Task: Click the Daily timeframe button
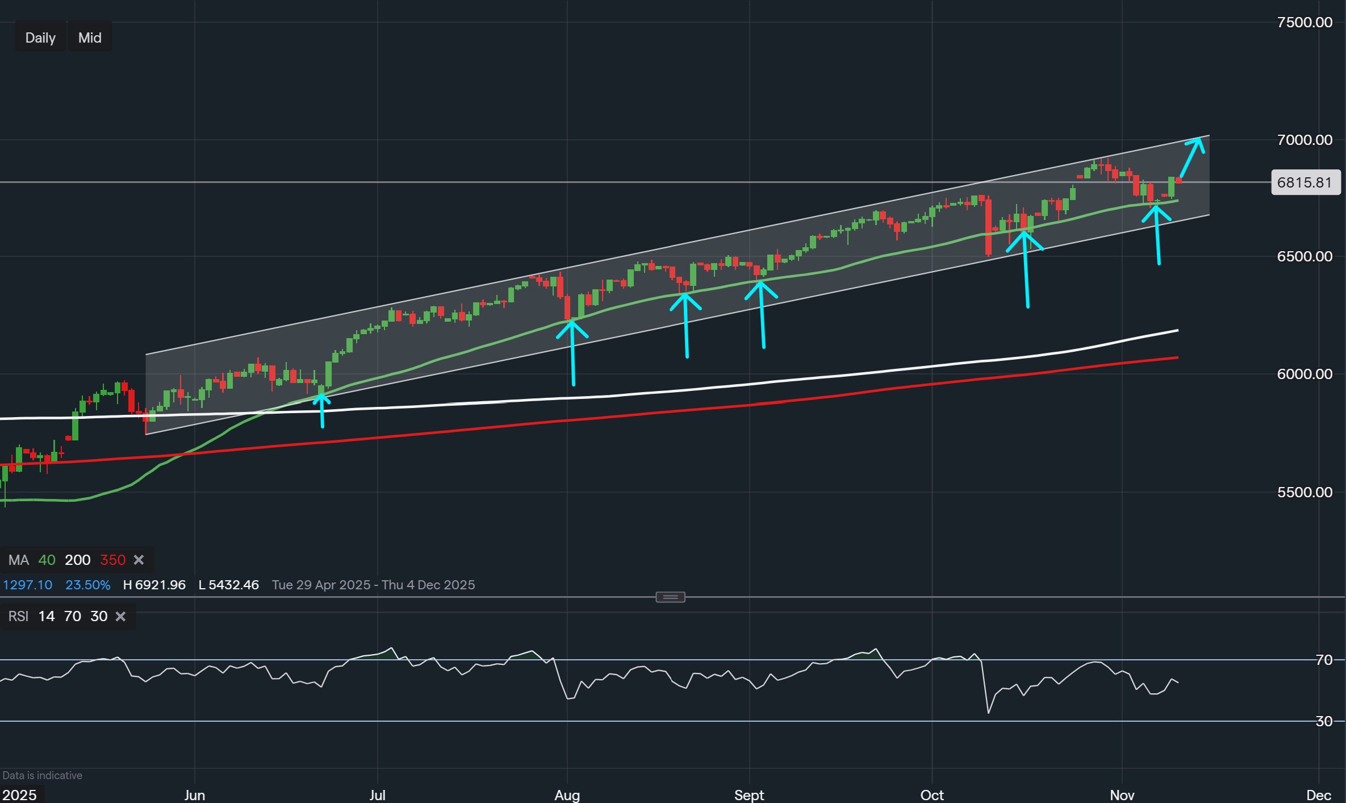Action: (x=40, y=38)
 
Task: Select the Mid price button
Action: (x=90, y=38)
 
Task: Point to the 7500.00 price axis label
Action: (x=1304, y=22)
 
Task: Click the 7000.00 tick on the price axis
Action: (x=1304, y=140)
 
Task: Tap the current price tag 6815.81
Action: (x=1305, y=182)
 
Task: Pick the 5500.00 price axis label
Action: (x=1304, y=492)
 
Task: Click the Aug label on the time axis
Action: (x=567, y=795)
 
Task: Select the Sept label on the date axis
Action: (x=749, y=795)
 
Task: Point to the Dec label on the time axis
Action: (x=1318, y=795)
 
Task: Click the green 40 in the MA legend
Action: (x=47, y=560)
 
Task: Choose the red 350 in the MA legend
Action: (x=112, y=560)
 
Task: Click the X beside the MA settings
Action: (x=139, y=560)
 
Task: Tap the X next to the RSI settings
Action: (x=120, y=617)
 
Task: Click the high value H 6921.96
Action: (x=154, y=585)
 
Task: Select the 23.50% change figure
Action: (x=87, y=585)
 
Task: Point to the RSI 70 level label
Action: (x=1324, y=660)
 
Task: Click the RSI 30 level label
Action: (x=1324, y=721)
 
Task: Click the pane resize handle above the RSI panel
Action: (x=670, y=597)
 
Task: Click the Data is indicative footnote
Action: (x=43, y=775)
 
